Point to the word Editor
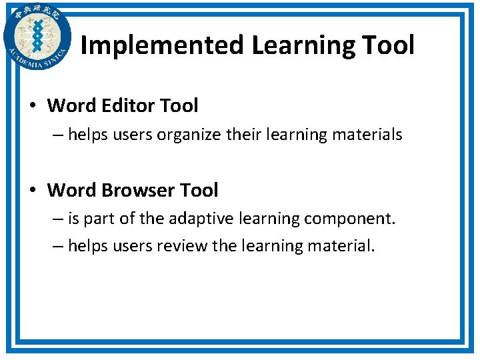pyautogui.click(x=125, y=105)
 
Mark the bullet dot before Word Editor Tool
pyautogui.click(x=33, y=106)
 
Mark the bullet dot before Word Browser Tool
pyautogui.click(x=33, y=191)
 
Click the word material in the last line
pyautogui.click(x=341, y=246)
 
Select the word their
pyautogui.click(x=244, y=135)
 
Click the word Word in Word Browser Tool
pyautogui.click(x=72, y=190)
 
